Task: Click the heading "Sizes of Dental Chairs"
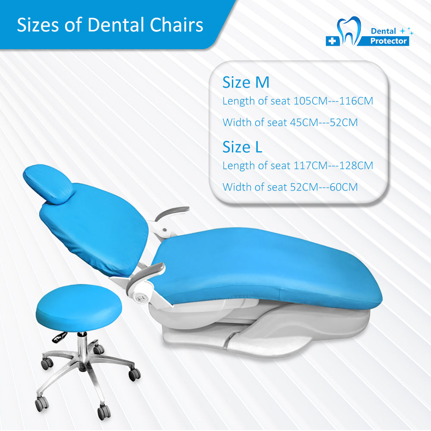click(x=110, y=25)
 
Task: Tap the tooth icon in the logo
click(x=349, y=31)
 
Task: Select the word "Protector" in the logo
click(x=388, y=41)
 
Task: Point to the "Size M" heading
click(x=246, y=82)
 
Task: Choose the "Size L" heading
click(x=242, y=147)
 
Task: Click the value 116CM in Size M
click(x=356, y=101)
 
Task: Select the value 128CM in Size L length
click(x=356, y=166)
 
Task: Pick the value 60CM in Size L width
click(x=344, y=187)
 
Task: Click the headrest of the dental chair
click(x=48, y=184)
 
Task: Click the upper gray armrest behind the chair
click(x=172, y=212)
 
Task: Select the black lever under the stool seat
click(x=59, y=337)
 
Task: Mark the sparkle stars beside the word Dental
click(x=407, y=31)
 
